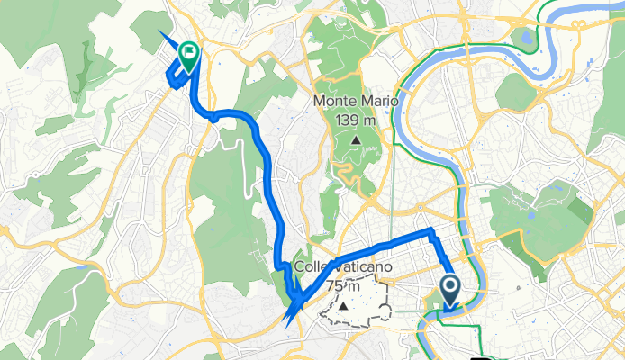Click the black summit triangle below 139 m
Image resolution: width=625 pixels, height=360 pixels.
click(357, 140)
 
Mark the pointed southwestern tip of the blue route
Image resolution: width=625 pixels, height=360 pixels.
click(285, 321)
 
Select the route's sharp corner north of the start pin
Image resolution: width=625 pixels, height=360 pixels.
click(432, 232)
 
